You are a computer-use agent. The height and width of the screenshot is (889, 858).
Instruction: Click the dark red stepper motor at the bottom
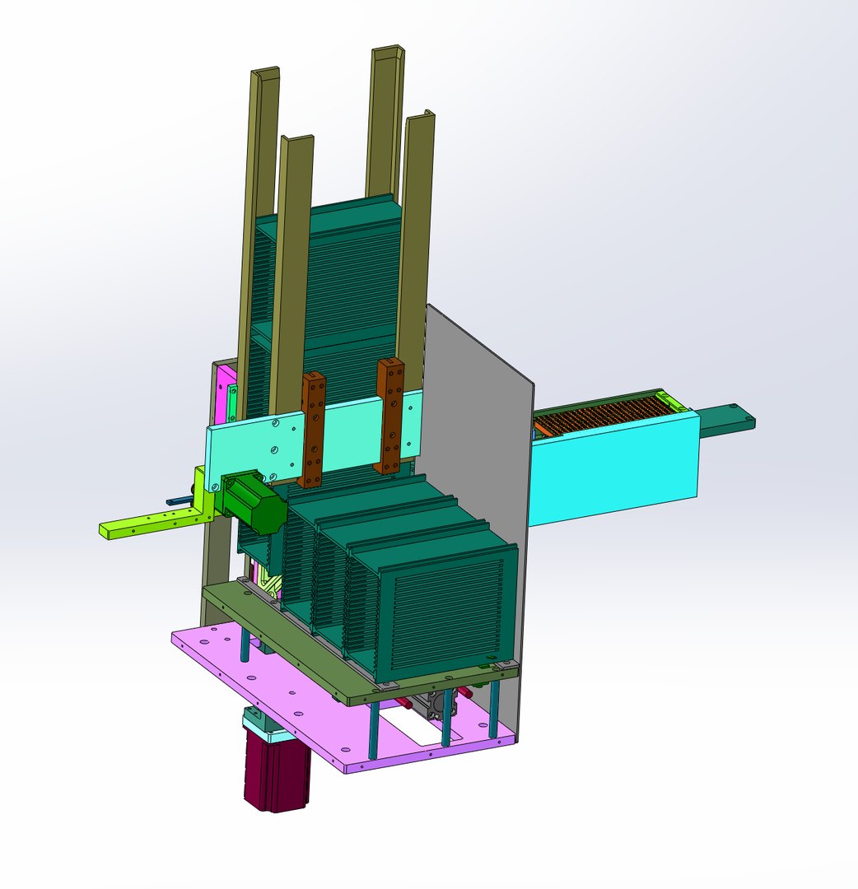[x=276, y=774]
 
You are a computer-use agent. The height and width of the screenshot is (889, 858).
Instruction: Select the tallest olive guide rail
[x=384, y=123]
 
